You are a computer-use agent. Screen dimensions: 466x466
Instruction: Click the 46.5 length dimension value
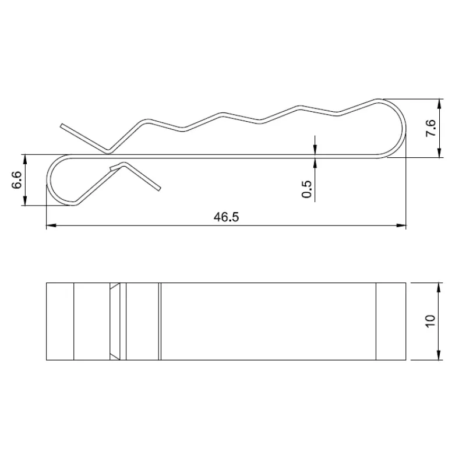pyautogui.click(x=226, y=217)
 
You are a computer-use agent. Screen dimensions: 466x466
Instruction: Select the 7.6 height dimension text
pyautogui.click(x=431, y=128)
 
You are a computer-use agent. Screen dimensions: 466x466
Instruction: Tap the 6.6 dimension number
pyautogui.click(x=17, y=180)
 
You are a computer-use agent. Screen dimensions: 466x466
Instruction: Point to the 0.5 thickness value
pyautogui.click(x=306, y=189)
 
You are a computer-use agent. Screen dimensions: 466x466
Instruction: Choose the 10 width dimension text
pyautogui.click(x=430, y=321)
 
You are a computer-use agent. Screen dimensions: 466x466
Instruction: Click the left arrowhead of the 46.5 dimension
pyautogui.click(x=51, y=225)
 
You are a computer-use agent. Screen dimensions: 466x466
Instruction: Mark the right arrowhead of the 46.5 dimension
pyautogui.click(x=401, y=225)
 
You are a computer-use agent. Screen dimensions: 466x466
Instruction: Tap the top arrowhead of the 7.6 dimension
pyautogui.click(x=440, y=104)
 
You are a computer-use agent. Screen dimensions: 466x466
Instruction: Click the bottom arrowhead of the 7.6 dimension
pyautogui.click(x=440, y=153)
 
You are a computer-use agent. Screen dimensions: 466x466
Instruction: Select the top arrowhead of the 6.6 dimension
pyautogui.click(x=25, y=159)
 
